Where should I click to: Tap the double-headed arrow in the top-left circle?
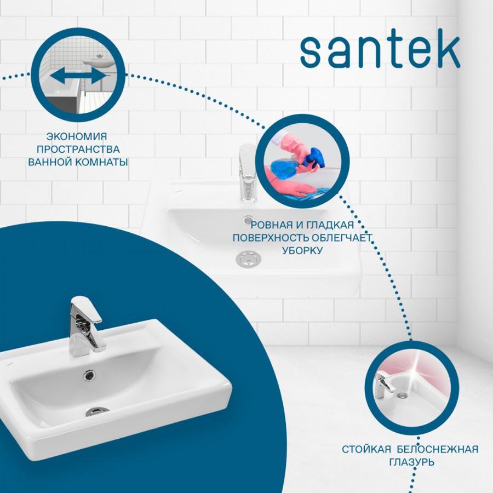coord(78,76)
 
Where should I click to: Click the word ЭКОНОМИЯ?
coord(77,136)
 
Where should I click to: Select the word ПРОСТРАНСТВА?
coord(78,150)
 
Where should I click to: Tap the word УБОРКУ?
coord(302,250)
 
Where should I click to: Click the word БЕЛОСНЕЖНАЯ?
coord(437,449)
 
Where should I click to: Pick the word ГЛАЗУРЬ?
coord(412,462)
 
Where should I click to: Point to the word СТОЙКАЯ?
coord(366,449)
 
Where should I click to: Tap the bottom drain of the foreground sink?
coord(98,411)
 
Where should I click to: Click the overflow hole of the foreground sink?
coord(89,374)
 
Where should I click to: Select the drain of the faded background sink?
coord(248,259)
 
